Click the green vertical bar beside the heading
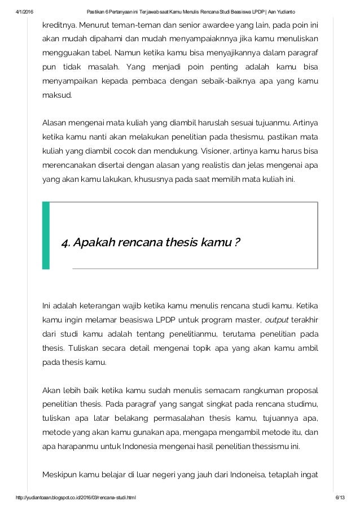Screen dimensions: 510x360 (46, 234)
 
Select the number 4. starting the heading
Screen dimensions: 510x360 (66, 243)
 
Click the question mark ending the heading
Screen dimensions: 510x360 (237, 243)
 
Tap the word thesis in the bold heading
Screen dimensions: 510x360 (179, 243)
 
